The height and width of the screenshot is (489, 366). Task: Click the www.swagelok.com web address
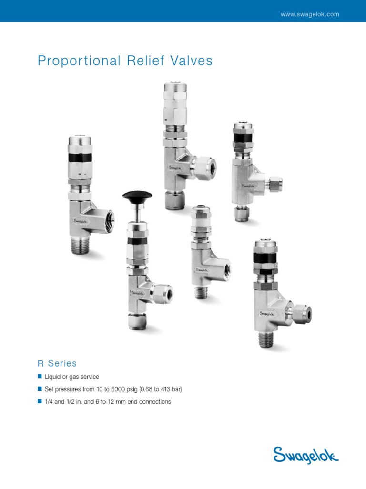pos(310,14)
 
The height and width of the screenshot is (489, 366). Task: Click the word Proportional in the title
pos(79,61)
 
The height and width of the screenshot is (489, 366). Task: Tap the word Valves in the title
pos(192,61)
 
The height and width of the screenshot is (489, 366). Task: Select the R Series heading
pos(57,363)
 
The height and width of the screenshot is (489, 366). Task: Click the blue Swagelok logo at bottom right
pos(306,456)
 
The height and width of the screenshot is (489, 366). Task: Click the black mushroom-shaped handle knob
pos(137,195)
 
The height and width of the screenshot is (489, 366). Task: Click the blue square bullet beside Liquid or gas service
pos(40,376)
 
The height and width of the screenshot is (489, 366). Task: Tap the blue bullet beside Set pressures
pos(40,389)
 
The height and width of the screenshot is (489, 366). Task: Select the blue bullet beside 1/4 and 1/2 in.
pos(40,401)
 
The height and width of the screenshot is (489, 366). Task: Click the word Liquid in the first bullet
pos(52,377)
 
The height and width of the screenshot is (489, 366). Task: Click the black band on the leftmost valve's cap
pos(79,157)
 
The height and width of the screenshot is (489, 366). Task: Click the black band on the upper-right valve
pos(243,138)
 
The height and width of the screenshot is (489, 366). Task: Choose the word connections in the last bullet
pos(155,402)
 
